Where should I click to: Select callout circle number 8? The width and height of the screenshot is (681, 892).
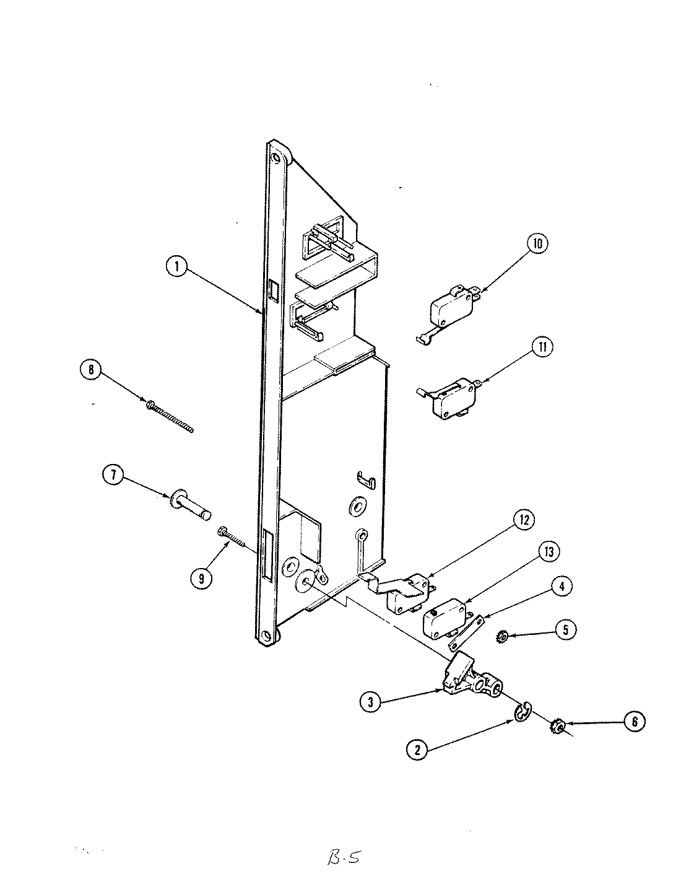[92, 370]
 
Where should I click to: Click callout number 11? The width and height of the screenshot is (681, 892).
[542, 347]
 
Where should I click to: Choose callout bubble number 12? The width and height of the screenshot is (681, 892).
[524, 520]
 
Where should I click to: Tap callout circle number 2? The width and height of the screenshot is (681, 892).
[417, 750]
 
